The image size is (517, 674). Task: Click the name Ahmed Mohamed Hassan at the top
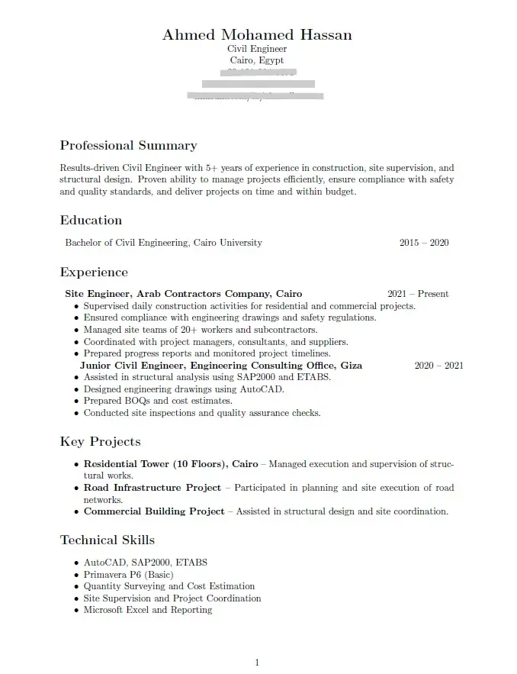click(x=257, y=35)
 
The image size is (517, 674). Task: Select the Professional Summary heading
click(x=128, y=146)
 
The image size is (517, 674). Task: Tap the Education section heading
click(x=91, y=221)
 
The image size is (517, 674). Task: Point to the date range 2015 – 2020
click(x=423, y=243)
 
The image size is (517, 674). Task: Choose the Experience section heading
click(x=94, y=273)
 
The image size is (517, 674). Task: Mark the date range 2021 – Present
click(x=417, y=294)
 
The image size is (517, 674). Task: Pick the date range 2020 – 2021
click(x=438, y=366)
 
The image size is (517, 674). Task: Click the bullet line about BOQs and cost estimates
click(x=158, y=401)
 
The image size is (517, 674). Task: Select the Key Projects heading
click(x=100, y=442)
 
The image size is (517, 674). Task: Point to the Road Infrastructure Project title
click(x=152, y=488)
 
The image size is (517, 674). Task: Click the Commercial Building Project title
click(x=154, y=511)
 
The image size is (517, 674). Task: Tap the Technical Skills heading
click(x=107, y=540)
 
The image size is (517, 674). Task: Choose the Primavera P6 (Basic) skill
click(x=128, y=575)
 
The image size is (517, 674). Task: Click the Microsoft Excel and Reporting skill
click(x=147, y=610)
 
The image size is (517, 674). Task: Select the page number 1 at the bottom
click(x=257, y=662)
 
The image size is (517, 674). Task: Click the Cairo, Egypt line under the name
click(x=257, y=60)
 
